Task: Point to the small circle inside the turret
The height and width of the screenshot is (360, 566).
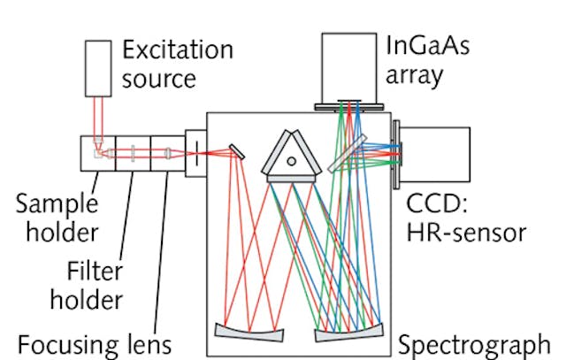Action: pos(292,160)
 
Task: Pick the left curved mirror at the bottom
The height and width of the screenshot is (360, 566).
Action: pos(249,333)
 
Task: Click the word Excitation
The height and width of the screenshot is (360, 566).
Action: pos(177,50)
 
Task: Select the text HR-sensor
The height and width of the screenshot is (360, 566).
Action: pos(466,232)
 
